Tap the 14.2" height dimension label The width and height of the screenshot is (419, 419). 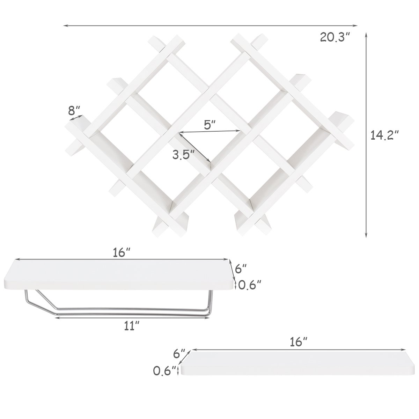click(x=385, y=135)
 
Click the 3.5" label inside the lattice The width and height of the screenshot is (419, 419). click(x=184, y=155)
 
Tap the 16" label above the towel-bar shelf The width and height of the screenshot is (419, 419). click(x=122, y=253)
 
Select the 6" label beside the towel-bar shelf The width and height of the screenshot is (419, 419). click(x=241, y=269)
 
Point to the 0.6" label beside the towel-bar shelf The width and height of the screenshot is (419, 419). click(x=249, y=285)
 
